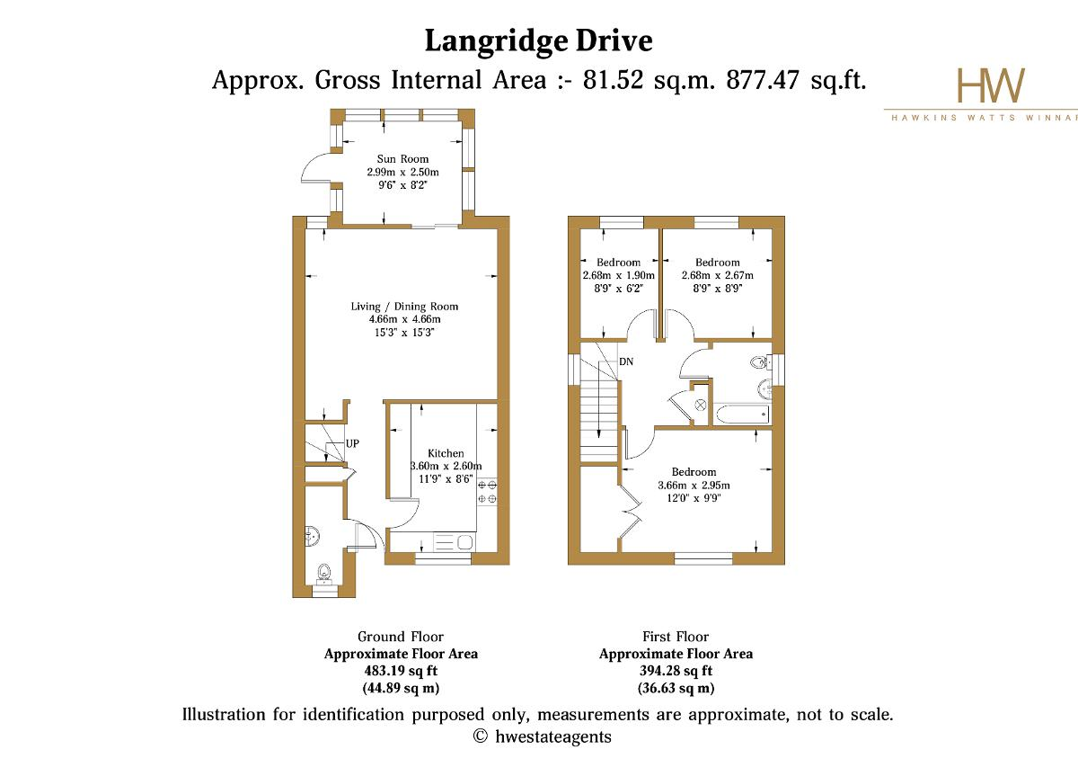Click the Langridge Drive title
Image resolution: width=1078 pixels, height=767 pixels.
click(x=538, y=41)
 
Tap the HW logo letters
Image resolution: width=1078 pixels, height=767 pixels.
click(x=991, y=85)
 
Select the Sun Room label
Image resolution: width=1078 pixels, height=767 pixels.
click(x=402, y=158)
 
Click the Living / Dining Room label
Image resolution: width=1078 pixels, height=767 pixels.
click(x=404, y=307)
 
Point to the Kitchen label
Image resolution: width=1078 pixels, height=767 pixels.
click(x=446, y=453)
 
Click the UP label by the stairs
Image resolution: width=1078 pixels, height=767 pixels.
click(x=352, y=443)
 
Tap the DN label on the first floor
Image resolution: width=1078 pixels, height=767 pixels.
click(x=626, y=361)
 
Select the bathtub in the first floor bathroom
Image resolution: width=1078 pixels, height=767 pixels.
click(x=743, y=415)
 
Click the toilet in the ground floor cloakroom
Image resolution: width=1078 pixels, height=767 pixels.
click(x=325, y=574)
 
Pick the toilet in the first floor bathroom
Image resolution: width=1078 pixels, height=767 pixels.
click(x=760, y=361)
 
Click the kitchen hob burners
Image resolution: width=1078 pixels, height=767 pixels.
click(x=487, y=492)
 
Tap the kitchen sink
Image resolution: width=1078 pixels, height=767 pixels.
click(x=454, y=542)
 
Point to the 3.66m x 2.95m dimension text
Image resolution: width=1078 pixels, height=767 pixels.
click(x=694, y=486)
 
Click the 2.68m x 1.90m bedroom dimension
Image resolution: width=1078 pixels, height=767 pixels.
click(x=618, y=275)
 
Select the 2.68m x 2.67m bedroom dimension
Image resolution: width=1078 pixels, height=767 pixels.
click(x=717, y=275)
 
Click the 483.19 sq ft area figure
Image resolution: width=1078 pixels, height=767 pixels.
click(x=401, y=671)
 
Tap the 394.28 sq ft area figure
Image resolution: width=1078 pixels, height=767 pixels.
click(x=676, y=671)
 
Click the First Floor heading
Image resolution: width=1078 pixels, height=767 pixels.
click(x=676, y=637)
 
